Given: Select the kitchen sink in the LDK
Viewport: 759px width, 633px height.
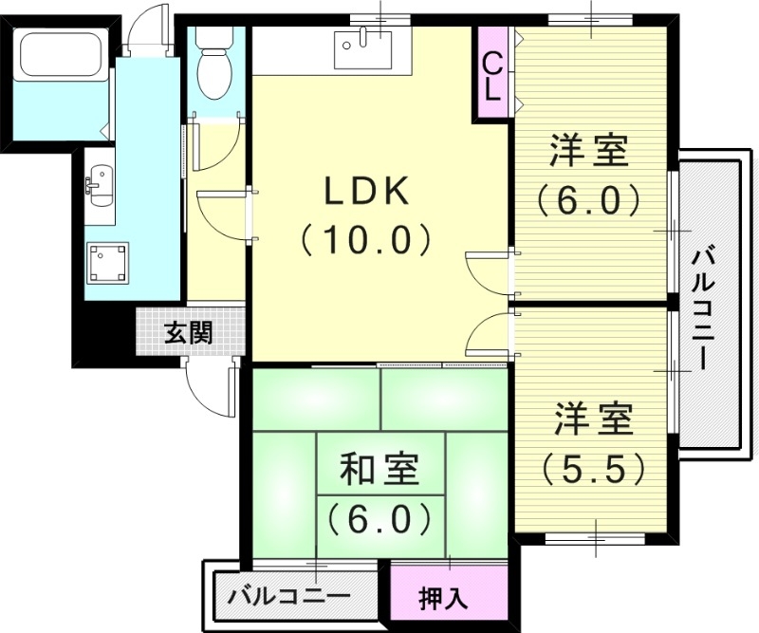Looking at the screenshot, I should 362,47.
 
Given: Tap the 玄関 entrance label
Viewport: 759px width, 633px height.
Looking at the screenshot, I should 189,332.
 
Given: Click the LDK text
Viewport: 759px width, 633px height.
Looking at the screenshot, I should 367,193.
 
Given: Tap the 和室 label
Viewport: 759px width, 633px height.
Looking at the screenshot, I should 379,470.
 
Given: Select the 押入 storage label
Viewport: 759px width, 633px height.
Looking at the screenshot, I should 443,598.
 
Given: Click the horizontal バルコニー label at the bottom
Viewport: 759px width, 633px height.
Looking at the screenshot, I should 287,597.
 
